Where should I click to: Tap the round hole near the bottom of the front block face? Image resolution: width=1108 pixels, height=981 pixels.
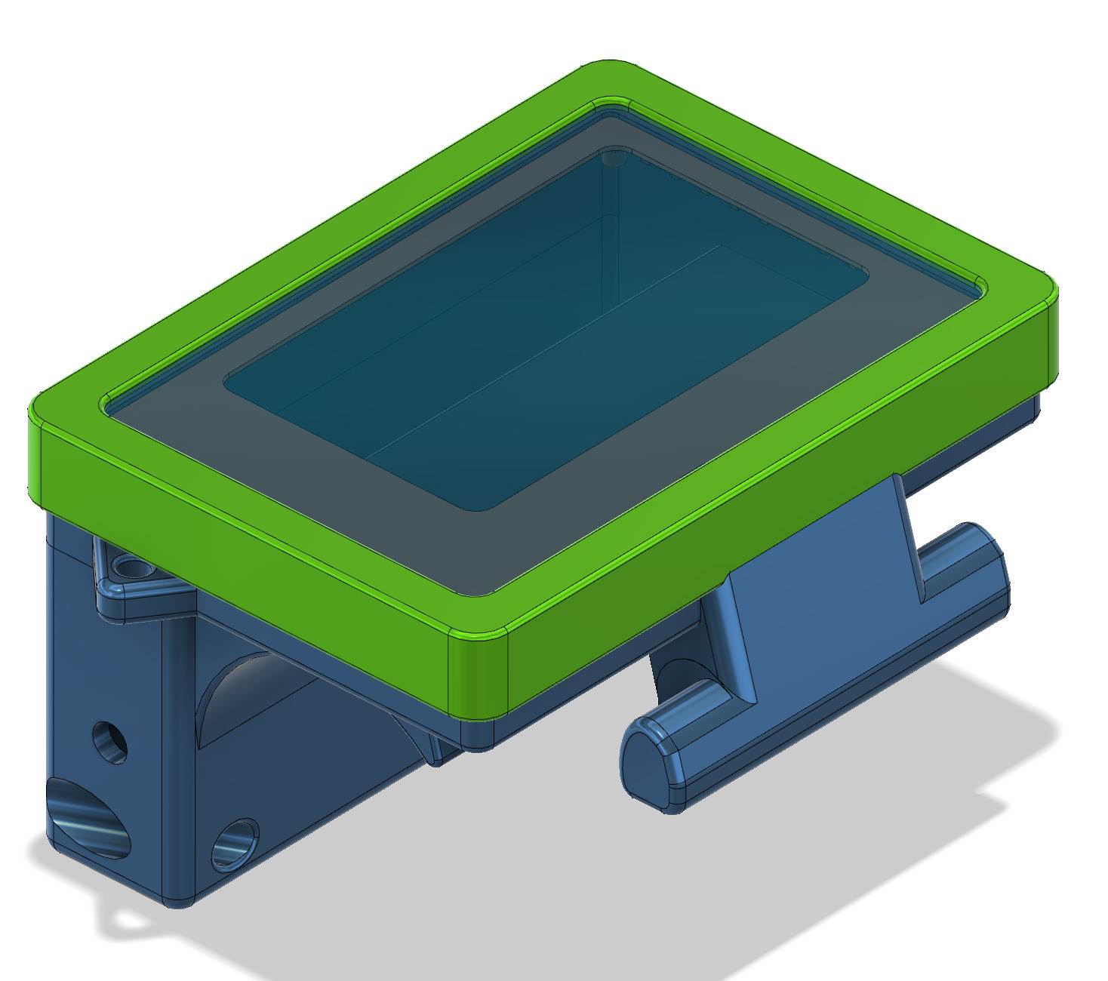click(x=235, y=844)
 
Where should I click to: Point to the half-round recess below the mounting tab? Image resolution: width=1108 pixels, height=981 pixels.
click(x=226, y=694)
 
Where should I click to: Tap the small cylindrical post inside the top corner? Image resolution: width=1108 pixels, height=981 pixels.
click(x=613, y=158)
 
